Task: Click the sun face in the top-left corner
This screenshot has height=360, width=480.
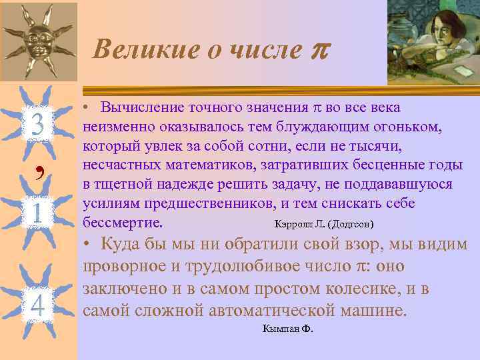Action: [37, 40]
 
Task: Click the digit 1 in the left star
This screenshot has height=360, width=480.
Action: [37, 213]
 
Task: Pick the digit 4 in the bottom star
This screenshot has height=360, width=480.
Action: [38, 305]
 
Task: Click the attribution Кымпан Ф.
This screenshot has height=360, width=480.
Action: [288, 329]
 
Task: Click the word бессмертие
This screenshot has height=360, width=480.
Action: [127, 221]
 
